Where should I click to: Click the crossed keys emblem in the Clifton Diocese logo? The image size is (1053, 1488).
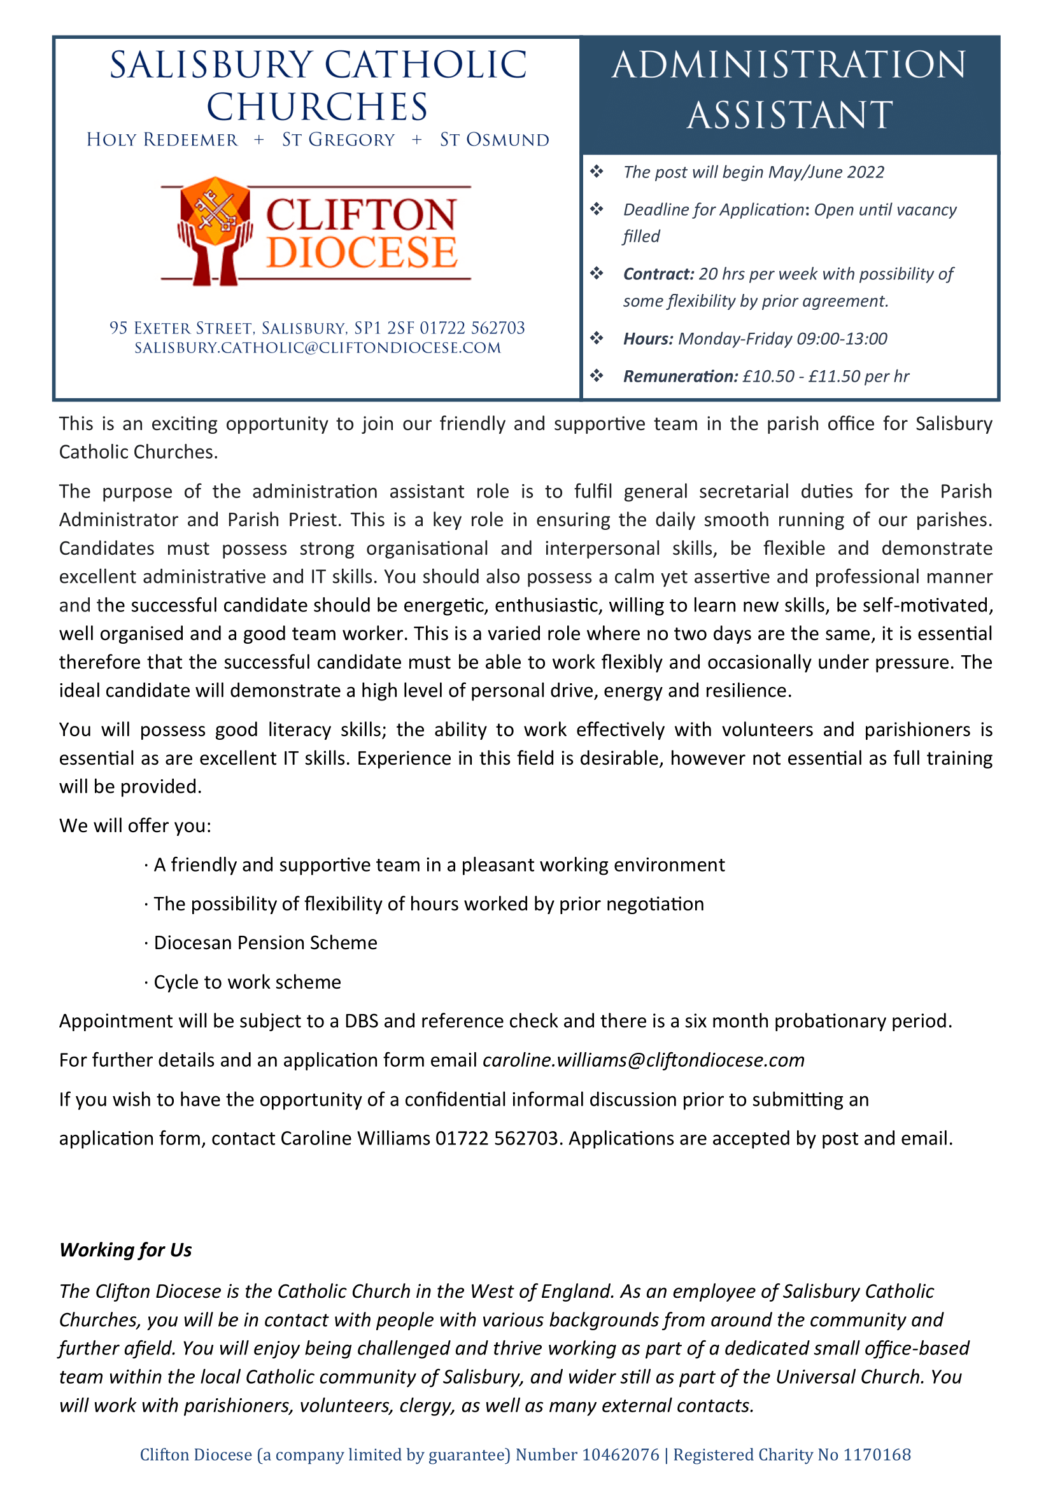215,211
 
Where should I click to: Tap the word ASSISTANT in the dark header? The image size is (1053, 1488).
789,115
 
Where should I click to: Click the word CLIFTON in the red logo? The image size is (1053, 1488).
361,215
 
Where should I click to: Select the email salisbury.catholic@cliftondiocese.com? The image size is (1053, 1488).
318,348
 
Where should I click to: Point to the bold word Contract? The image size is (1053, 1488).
658,274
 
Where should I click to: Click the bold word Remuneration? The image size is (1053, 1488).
680,377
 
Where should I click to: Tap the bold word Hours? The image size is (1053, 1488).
647,339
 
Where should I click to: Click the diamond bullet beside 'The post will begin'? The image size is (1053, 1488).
597,172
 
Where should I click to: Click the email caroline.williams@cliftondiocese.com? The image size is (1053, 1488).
643,1060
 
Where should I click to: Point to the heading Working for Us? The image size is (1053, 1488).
126,1250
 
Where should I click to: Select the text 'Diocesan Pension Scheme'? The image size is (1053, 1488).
265,943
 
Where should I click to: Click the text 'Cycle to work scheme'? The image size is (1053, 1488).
247,982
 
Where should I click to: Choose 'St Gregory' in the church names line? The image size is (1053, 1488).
338,140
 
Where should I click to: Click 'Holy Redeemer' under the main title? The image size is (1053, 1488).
162,140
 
